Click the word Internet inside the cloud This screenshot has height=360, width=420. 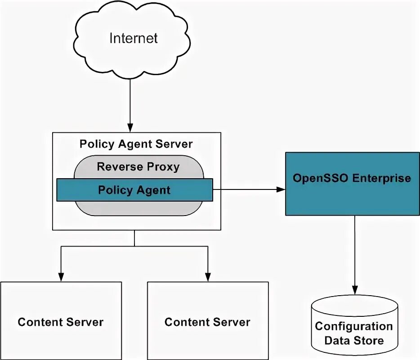click(x=134, y=38)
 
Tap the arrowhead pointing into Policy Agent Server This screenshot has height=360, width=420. click(x=130, y=128)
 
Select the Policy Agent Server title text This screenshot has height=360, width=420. click(x=136, y=144)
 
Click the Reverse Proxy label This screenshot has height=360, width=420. click(x=138, y=167)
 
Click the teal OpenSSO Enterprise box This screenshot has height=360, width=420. click(x=352, y=198)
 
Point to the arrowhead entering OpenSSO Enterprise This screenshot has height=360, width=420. click(x=281, y=189)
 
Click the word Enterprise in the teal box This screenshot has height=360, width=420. click(x=381, y=178)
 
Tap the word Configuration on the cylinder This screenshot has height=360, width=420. click(x=354, y=326)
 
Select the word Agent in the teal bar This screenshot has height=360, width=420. click(x=154, y=190)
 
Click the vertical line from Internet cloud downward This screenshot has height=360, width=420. click(x=130, y=99)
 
